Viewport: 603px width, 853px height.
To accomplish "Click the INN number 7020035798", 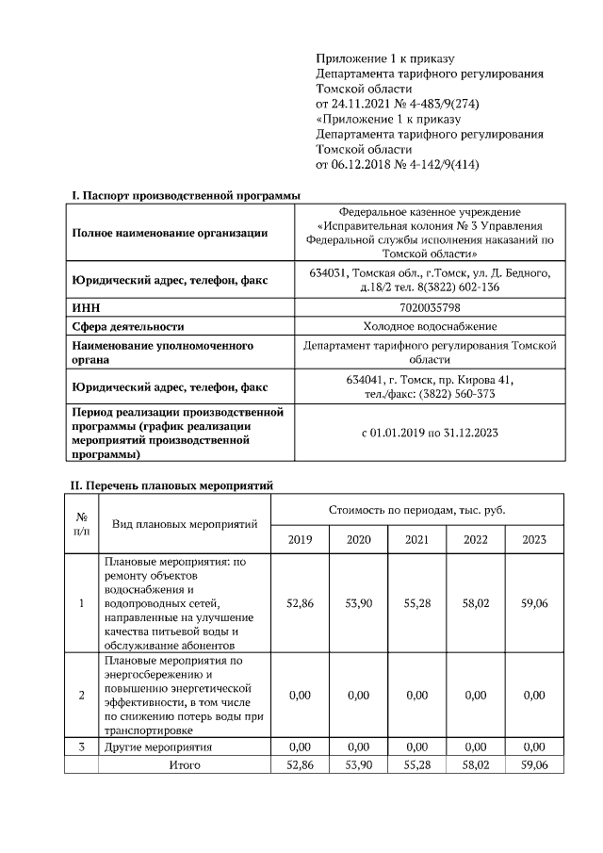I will point(430,308).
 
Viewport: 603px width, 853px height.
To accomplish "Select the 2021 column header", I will point(416,539).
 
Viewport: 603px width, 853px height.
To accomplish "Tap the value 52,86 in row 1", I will point(300,603).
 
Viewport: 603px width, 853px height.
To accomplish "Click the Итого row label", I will point(185,764).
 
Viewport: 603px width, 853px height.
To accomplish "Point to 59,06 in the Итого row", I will point(534,764).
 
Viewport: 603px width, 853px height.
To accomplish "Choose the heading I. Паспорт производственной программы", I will point(187,195).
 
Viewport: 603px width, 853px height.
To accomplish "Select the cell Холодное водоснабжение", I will point(430,326).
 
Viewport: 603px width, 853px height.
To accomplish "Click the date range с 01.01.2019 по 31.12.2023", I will point(430,434).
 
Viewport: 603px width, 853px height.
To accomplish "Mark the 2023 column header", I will point(534,539).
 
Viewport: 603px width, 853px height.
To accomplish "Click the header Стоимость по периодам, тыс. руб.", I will point(417,509).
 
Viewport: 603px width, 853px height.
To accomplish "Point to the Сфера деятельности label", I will point(128,326).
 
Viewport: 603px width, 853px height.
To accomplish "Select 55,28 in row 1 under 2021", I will point(416,603).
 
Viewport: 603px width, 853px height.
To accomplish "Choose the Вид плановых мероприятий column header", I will point(185,523).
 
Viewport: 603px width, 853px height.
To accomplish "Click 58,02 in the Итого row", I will point(476,764).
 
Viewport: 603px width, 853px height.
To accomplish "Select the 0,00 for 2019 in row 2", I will point(300,696).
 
